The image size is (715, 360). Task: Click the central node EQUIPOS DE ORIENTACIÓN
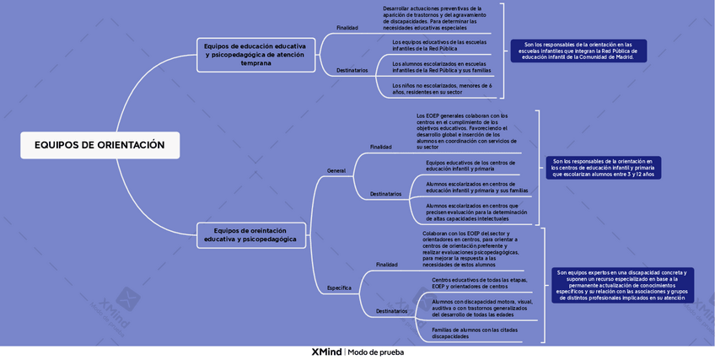pos(99,145)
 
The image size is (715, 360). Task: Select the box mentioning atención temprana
pos(255,53)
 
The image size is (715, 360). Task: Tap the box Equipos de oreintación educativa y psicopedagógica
pos(250,234)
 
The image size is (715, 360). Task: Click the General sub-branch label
pos(336,171)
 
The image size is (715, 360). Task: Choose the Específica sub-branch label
pos(339,287)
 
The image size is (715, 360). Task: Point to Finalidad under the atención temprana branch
pos(347,28)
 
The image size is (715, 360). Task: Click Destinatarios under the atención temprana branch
pos(352,70)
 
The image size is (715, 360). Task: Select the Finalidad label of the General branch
pos(380,147)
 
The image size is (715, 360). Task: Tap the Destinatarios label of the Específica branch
pos(391,311)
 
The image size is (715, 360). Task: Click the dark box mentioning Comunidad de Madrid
pos(578,51)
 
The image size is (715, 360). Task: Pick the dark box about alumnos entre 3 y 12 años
pos(602,167)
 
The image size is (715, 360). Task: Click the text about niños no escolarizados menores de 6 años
pos(442,89)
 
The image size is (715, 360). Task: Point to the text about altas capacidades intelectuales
pos(476,212)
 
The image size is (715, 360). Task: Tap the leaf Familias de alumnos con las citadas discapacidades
pos(474,332)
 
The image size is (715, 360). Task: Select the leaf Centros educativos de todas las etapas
pos(479,282)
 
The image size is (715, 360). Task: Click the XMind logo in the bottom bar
pos(326,352)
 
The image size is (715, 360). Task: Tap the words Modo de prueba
pos(375,352)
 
